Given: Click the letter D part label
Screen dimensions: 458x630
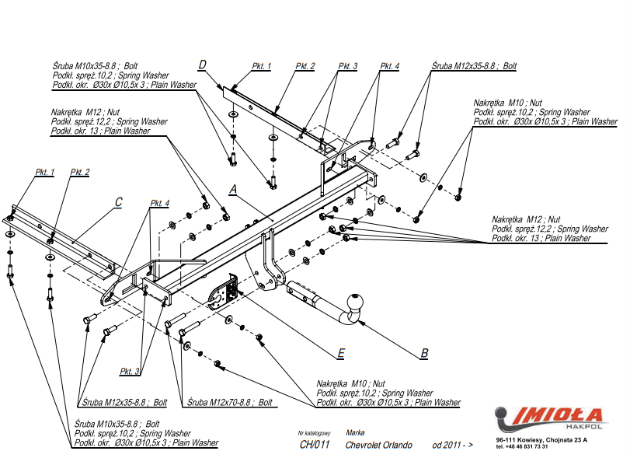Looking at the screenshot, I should tap(202, 65).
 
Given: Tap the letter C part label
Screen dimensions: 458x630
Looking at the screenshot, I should tap(118, 202).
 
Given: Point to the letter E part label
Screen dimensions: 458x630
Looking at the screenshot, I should tap(340, 354).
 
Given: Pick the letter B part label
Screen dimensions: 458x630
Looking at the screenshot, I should tap(424, 353).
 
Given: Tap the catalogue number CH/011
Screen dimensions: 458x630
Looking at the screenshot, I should tap(315, 445).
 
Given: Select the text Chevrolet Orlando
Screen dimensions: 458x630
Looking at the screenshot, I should tap(379, 445).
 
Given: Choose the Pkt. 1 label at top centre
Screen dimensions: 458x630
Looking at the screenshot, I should tap(262, 67).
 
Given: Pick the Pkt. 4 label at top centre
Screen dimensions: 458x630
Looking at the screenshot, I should tap(389, 67).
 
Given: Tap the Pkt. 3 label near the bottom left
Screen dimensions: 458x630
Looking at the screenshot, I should tap(130, 371).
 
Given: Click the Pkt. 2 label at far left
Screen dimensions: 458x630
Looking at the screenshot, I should tap(80, 171).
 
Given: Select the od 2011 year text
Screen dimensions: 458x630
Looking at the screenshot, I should tap(452, 445).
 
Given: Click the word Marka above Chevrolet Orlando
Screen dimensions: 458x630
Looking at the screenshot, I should tap(355, 432).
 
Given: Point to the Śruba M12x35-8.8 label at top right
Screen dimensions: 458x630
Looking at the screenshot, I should tap(474, 67).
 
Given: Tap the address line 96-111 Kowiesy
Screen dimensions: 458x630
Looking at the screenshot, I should tap(541, 440).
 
